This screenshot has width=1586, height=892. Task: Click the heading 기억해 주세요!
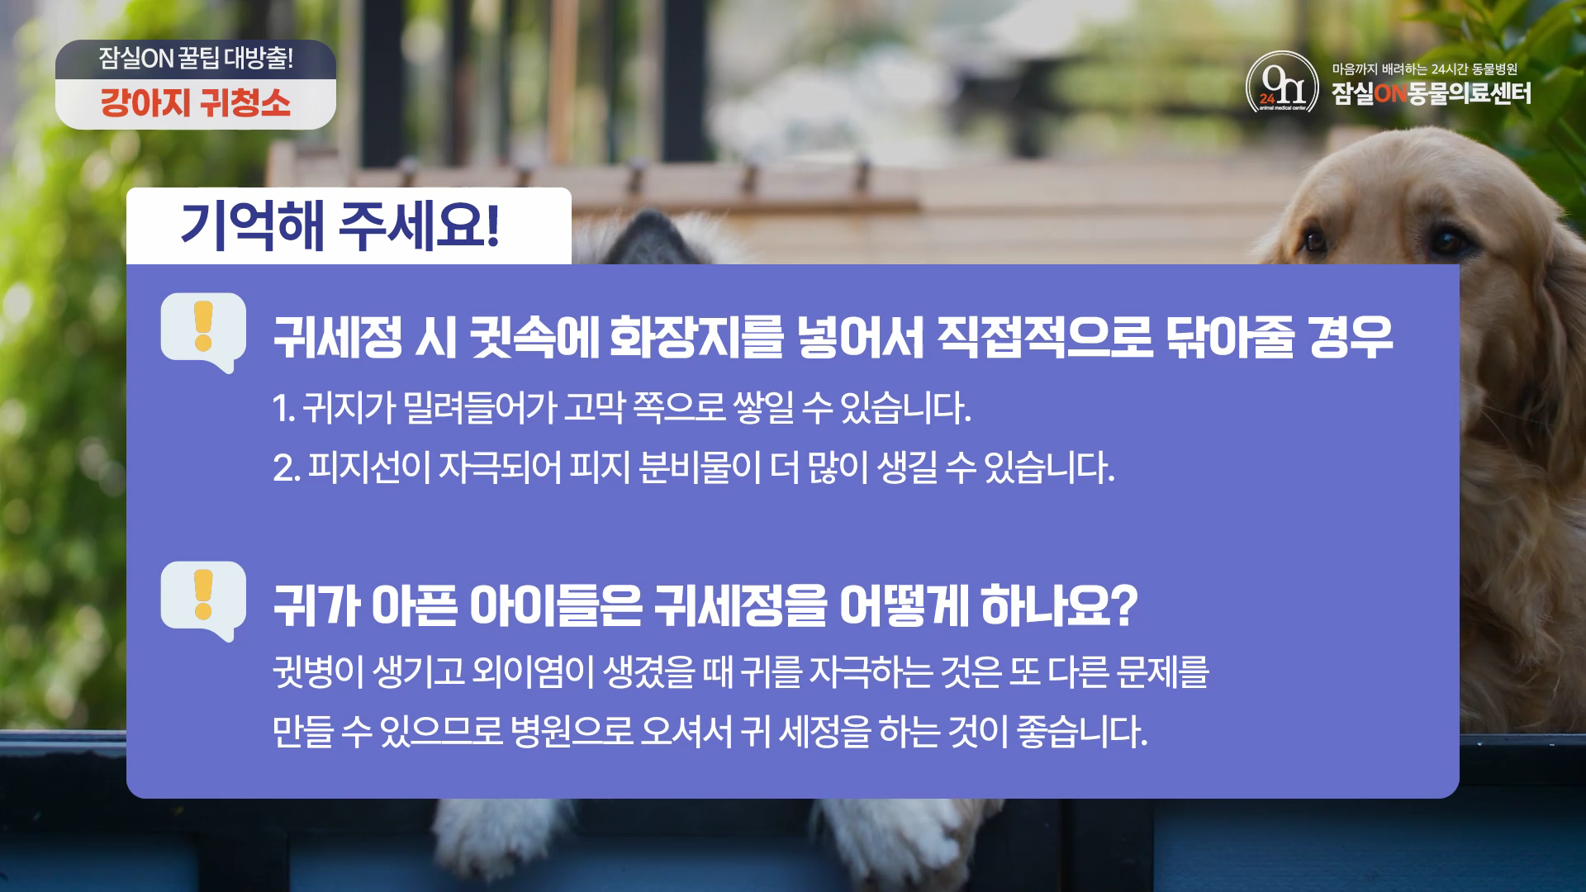point(340,225)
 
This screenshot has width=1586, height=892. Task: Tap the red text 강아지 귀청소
point(195,103)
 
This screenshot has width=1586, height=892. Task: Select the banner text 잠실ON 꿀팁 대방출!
point(196,58)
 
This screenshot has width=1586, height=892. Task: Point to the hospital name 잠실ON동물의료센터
point(1431,93)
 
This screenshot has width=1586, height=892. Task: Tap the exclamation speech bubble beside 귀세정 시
point(203,332)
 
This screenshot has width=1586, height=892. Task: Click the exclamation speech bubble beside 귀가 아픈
point(203,600)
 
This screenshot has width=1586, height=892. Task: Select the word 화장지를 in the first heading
point(693,339)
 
